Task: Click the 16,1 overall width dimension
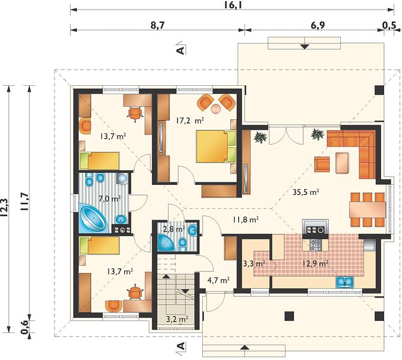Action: tap(233, 5)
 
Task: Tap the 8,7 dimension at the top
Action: tap(157, 26)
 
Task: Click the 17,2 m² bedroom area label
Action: tap(190, 121)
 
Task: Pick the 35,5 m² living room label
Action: tap(306, 192)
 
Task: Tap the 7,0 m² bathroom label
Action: tap(110, 198)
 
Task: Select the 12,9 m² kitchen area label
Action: tap(316, 263)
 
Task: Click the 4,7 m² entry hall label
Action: tap(218, 280)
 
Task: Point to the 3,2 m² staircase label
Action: tap(178, 319)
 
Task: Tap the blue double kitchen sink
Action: tap(344, 281)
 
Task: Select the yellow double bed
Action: tap(215, 146)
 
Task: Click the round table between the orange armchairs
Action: tap(215, 108)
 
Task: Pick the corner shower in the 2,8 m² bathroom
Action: tap(166, 242)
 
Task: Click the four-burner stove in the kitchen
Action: tap(316, 245)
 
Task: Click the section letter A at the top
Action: tap(181, 50)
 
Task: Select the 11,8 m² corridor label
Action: tap(245, 220)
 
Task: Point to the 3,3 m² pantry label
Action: tap(254, 263)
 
